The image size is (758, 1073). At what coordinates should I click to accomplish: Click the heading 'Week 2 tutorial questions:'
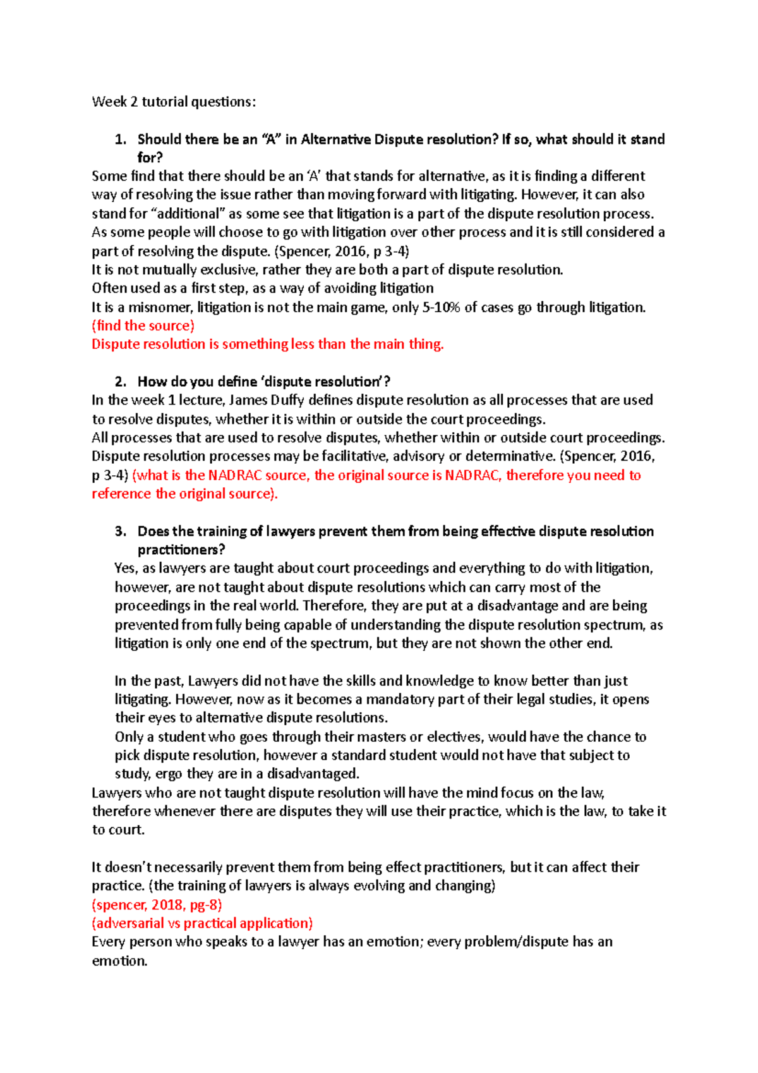pyautogui.click(x=174, y=102)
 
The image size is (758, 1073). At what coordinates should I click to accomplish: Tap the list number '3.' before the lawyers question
pyautogui.click(x=121, y=531)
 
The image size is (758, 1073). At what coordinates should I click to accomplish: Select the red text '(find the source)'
pyautogui.click(x=143, y=325)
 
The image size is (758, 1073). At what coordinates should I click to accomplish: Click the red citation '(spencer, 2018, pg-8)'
pyautogui.click(x=157, y=904)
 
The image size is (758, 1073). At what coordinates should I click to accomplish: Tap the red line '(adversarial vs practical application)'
pyautogui.click(x=202, y=923)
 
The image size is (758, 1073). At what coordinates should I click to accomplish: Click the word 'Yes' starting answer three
pyautogui.click(x=125, y=568)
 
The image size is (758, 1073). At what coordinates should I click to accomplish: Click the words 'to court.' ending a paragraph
pyautogui.click(x=119, y=830)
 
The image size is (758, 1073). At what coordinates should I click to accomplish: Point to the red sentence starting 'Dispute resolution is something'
pyautogui.click(x=268, y=344)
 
